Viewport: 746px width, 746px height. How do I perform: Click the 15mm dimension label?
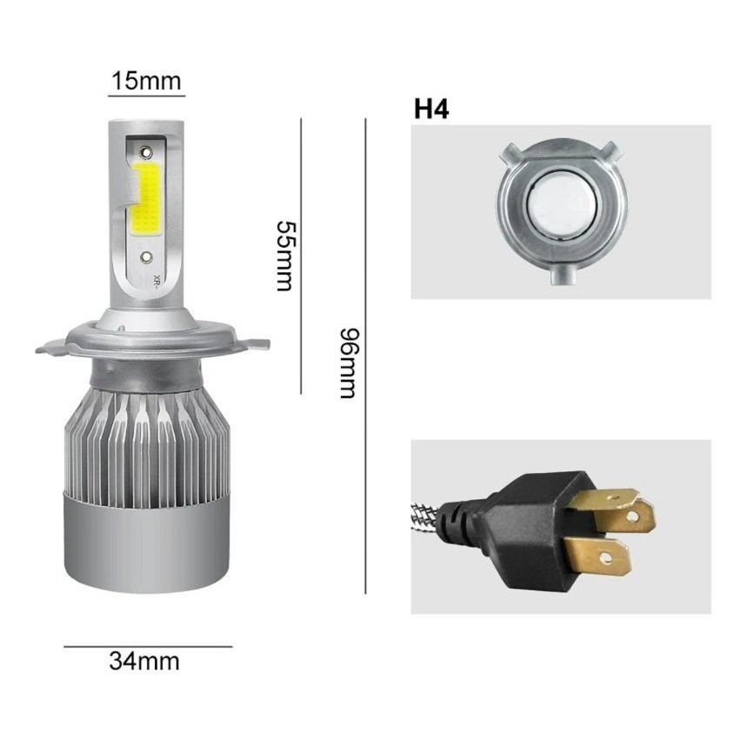[147, 81]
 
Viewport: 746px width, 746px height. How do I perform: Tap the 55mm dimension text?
[286, 256]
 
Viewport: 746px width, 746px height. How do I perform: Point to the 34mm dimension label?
[144, 662]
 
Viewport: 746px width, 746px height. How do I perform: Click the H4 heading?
[431, 109]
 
